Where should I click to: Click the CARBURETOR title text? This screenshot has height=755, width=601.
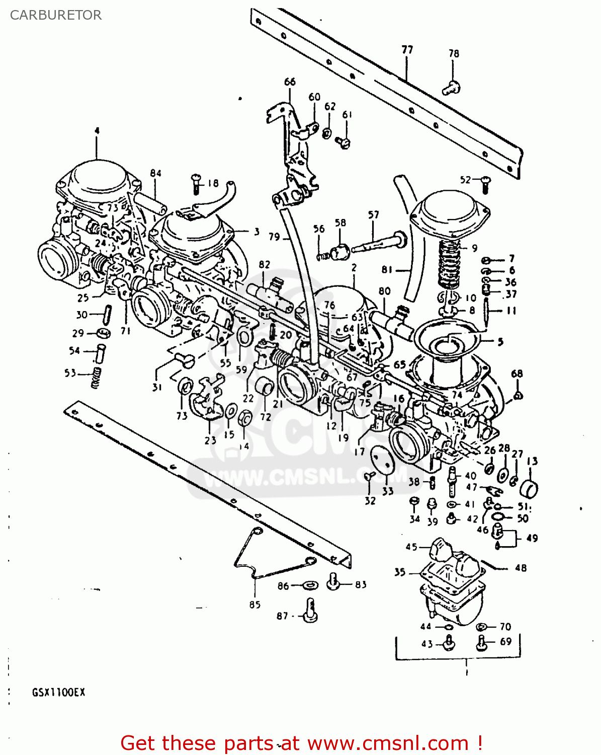click(x=56, y=15)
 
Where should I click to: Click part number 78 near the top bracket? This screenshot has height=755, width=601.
click(x=454, y=53)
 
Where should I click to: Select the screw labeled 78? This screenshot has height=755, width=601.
click(x=451, y=89)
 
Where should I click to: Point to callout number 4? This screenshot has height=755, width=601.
click(x=97, y=131)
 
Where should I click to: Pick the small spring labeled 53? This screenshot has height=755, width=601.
click(x=96, y=377)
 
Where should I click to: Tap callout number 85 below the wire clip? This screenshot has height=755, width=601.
click(x=254, y=605)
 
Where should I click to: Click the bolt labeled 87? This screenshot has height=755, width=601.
click(x=310, y=611)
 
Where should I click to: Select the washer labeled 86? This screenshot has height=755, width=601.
click(x=310, y=585)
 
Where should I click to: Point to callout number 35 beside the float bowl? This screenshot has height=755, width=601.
click(x=400, y=572)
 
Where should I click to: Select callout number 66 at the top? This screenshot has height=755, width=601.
click(x=290, y=82)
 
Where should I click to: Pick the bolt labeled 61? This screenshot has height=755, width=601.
click(x=345, y=142)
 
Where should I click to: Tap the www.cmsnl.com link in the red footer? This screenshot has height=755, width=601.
click(x=388, y=743)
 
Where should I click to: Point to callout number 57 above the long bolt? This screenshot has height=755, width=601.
click(x=373, y=215)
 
